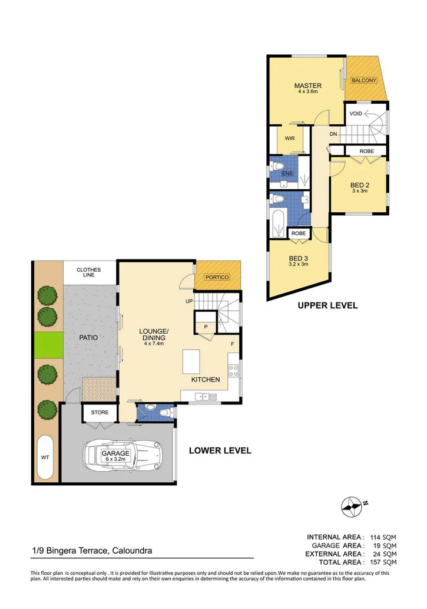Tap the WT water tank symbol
45,457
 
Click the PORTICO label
217,277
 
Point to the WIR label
289,139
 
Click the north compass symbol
352,505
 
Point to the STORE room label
100,412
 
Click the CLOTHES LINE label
89,273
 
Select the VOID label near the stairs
356,113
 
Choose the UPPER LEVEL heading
327,305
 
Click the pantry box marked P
206,327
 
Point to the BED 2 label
359,185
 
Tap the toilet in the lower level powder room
167,413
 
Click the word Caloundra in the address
131,551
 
